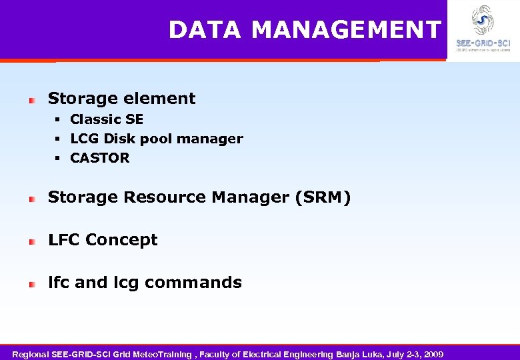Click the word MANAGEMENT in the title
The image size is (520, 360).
pyautogui.click(x=347, y=30)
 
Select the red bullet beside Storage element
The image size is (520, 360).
pyautogui.click(x=31, y=99)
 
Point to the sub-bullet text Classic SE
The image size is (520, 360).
pyautogui.click(x=107, y=119)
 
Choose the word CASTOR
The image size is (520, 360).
pyautogui.click(x=100, y=158)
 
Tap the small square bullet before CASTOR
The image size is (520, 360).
pyautogui.click(x=58, y=159)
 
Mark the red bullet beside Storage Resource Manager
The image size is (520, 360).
pyautogui.click(x=31, y=199)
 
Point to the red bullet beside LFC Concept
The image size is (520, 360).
pyautogui.click(x=31, y=241)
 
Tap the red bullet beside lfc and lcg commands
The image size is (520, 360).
pyautogui.click(x=31, y=284)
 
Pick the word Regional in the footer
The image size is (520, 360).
pyautogui.click(x=31, y=353)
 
